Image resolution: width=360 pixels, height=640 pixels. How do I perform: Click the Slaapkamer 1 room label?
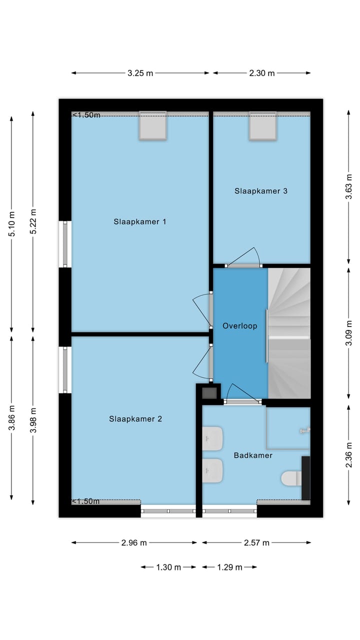(x=139, y=221)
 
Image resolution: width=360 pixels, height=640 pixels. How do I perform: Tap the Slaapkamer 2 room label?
(x=135, y=419)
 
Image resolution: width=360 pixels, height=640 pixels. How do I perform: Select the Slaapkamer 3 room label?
(x=261, y=191)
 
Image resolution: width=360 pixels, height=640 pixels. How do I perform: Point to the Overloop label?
(x=239, y=325)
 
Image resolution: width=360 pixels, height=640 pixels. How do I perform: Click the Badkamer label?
(x=253, y=455)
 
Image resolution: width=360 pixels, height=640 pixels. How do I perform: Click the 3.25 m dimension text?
(x=140, y=73)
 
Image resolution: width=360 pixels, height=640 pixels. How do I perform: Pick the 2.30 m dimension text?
(x=261, y=73)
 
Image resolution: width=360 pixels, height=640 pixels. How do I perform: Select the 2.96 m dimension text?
(x=134, y=542)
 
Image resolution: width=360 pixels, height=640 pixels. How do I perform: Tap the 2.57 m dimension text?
(x=256, y=542)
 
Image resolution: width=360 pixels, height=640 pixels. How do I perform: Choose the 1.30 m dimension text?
(x=168, y=567)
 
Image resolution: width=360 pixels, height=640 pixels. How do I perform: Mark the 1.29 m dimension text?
(x=229, y=567)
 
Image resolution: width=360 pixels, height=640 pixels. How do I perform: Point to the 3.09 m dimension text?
(x=349, y=333)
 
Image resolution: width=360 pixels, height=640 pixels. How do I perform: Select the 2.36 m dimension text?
(x=349, y=455)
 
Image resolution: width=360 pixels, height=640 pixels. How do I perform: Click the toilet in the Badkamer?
(x=291, y=478)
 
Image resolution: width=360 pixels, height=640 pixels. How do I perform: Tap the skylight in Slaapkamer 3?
(x=262, y=125)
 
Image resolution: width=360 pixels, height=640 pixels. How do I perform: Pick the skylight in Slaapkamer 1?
(x=153, y=125)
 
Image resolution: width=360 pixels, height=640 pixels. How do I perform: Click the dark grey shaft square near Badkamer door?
(x=209, y=393)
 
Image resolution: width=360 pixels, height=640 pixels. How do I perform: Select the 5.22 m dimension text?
(x=33, y=221)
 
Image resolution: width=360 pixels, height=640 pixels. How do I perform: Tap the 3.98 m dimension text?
(x=33, y=420)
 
